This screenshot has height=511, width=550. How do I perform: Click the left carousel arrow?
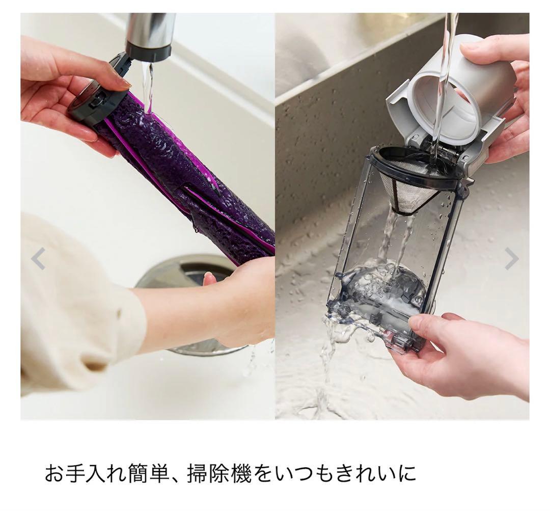[38, 259]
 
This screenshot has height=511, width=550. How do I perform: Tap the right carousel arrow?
[511, 259]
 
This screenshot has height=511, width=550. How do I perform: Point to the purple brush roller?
[188, 178]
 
